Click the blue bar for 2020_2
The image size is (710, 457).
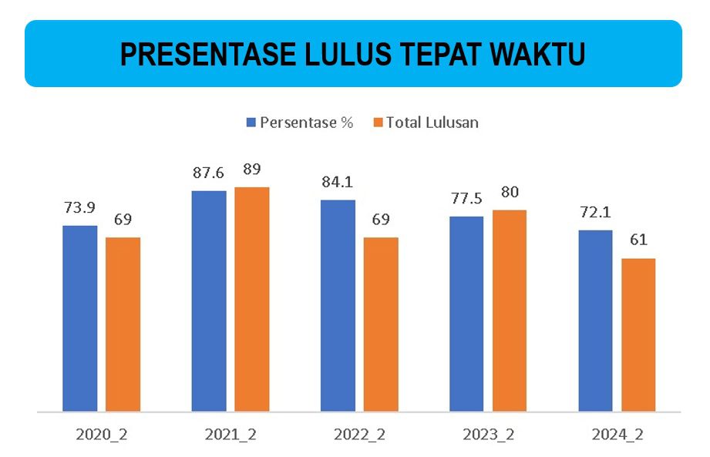click(x=79, y=318)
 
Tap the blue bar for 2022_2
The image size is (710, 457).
click(x=338, y=305)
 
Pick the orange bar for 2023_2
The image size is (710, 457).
click(x=510, y=310)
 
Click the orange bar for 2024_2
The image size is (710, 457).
click(x=638, y=334)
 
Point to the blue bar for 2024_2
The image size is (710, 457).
click(x=595, y=320)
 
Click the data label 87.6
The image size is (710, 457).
click(x=208, y=173)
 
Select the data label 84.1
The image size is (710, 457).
click(x=338, y=183)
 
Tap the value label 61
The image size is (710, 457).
click(x=638, y=240)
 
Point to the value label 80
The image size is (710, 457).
click(x=510, y=193)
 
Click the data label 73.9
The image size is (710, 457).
click(x=79, y=207)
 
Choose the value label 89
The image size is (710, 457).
click(x=252, y=170)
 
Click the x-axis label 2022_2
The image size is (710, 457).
click(x=359, y=434)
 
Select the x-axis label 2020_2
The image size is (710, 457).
click(x=101, y=434)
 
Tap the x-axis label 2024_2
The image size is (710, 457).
click(x=617, y=434)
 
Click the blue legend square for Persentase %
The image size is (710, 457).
click(x=251, y=123)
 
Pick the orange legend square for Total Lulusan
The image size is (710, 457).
click(x=377, y=123)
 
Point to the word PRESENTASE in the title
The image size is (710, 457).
click(x=202, y=55)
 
